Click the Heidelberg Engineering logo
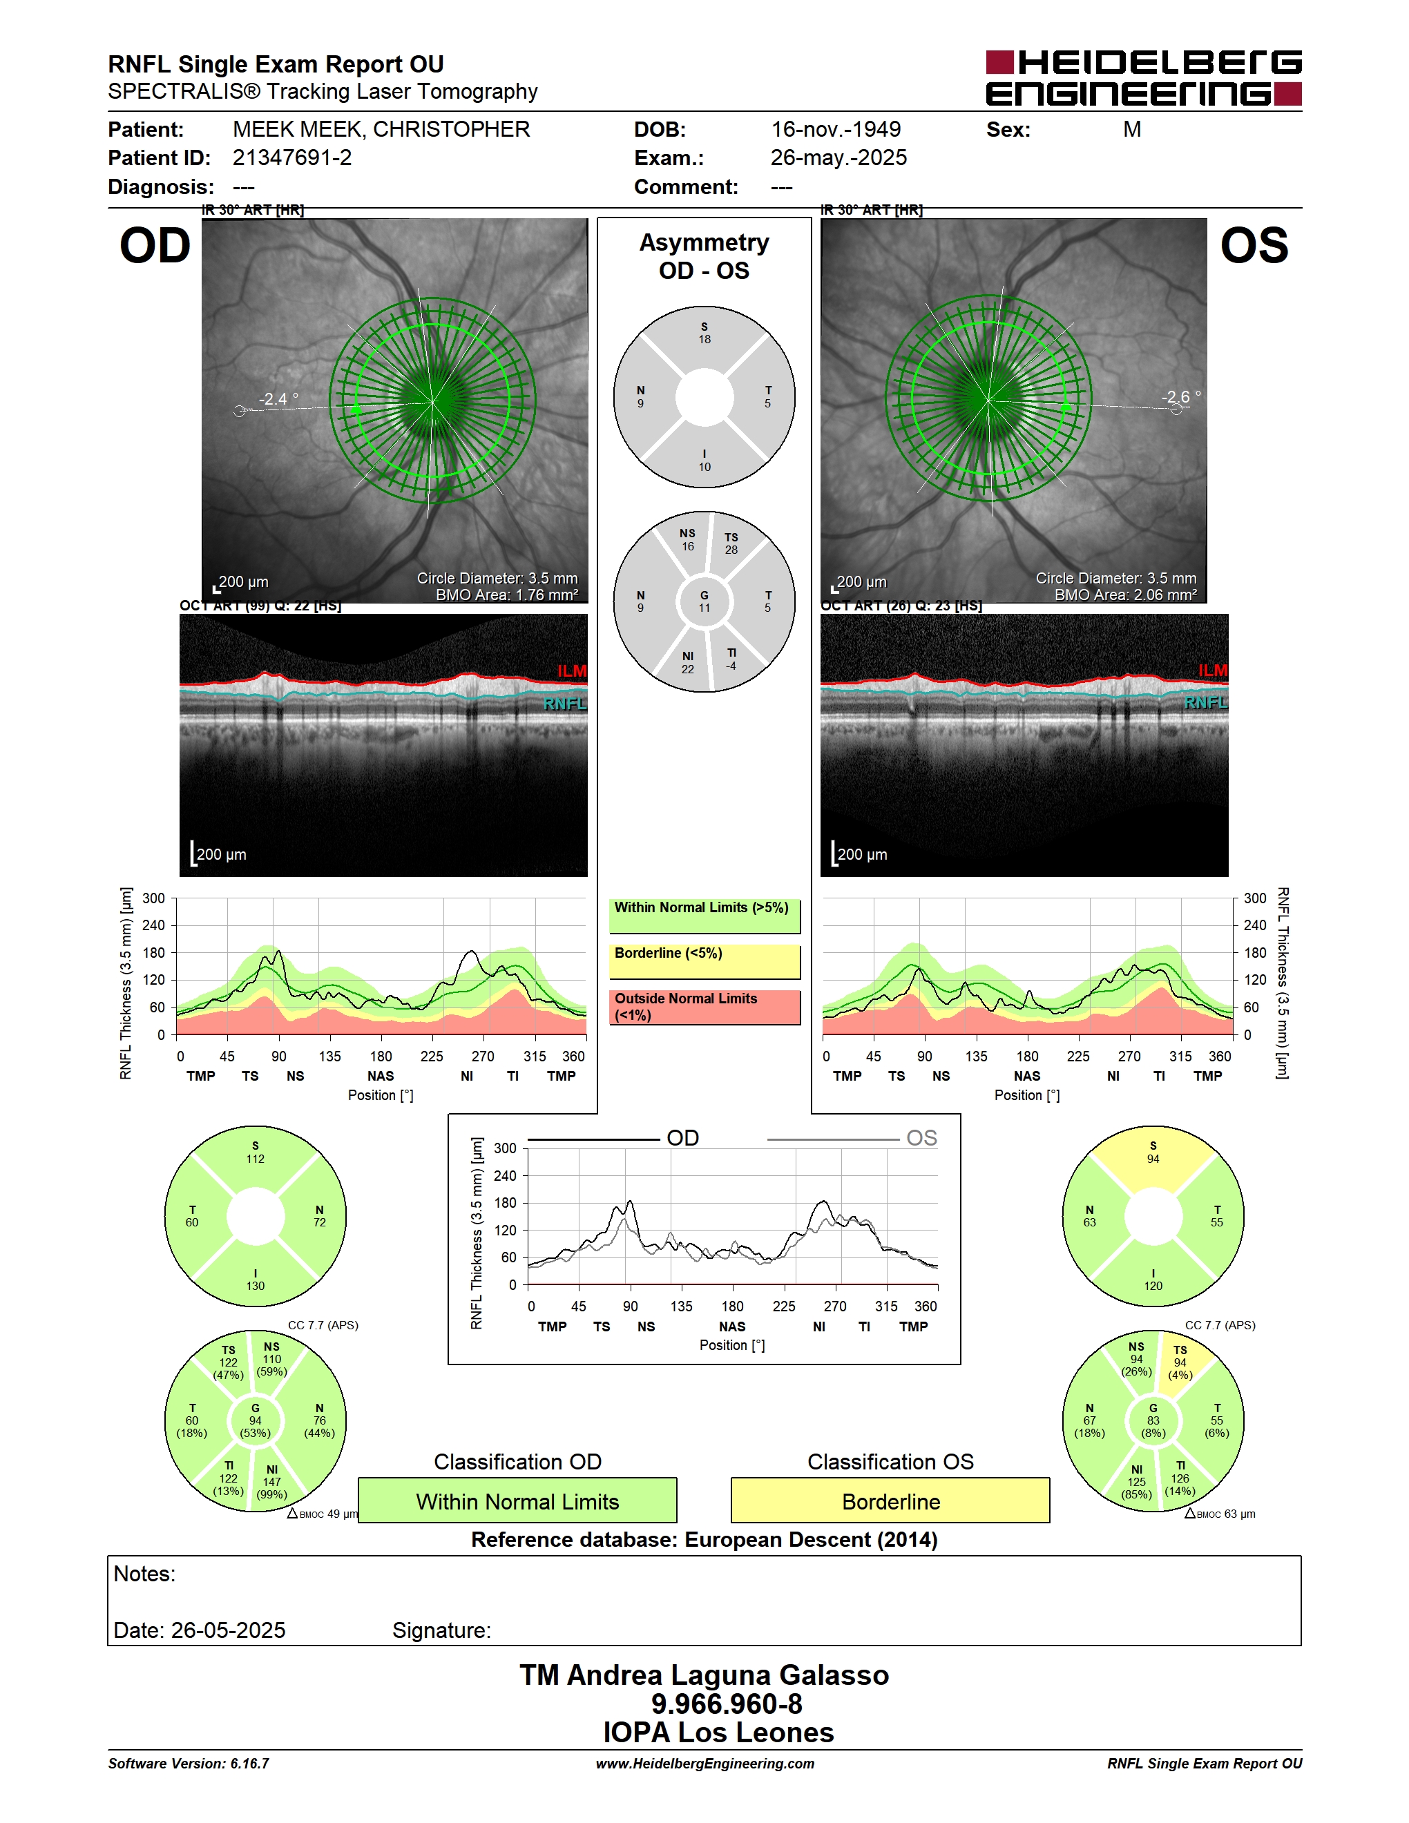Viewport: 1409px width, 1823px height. (1144, 77)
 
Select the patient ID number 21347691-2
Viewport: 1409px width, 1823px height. (292, 157)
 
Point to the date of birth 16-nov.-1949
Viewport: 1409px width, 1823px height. (836, 129)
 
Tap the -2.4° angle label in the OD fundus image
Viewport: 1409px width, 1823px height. (278, 399)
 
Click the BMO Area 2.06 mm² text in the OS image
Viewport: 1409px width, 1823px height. (1125, 595)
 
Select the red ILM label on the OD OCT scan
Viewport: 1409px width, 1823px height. (572, 671)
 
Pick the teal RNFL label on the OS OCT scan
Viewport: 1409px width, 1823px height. (1206, 703)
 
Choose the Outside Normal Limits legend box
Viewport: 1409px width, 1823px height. (704, 1007)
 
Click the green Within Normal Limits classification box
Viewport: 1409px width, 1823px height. (517, 1500)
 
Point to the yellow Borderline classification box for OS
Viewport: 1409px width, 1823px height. (891, 1500)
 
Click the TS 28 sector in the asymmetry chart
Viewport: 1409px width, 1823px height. (731, 543)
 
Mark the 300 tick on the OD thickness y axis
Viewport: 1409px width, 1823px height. (153, 898)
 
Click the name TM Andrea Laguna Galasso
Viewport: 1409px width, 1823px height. (704, 1675)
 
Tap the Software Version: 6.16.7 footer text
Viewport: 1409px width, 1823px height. (189, 1763)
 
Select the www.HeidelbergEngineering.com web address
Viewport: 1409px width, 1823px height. (705, 1763)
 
